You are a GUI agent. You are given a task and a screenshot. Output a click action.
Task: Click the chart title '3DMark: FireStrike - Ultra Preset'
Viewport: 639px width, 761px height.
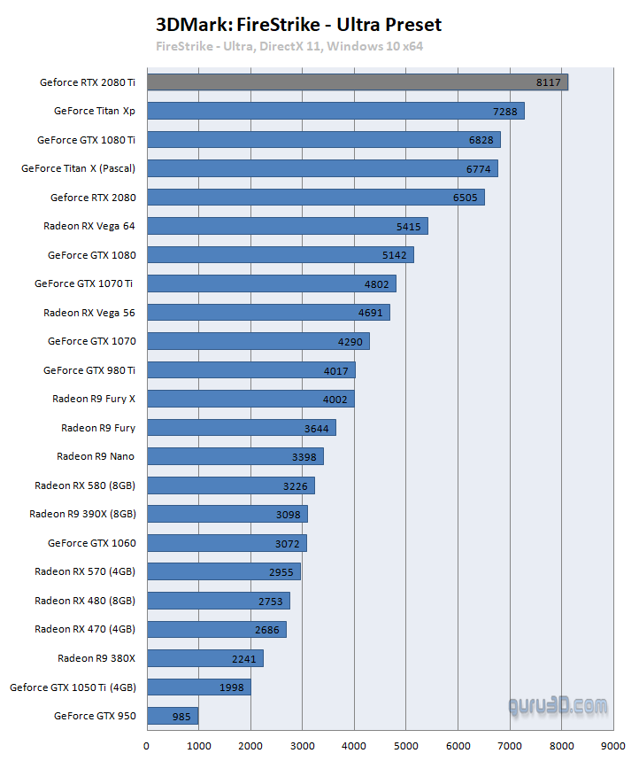coord(298,25)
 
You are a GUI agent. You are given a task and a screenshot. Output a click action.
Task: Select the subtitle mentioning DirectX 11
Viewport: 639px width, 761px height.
coord(289,46)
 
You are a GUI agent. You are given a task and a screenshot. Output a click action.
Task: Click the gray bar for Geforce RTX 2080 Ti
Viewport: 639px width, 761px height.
coord(357,82)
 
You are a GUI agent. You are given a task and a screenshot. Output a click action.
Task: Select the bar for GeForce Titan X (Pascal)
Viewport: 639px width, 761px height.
coord(322,168)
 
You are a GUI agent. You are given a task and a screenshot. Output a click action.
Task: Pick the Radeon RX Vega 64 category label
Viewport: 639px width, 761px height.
coord(89,226)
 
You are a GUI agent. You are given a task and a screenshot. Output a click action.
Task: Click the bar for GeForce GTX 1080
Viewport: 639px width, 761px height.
coord(280,255)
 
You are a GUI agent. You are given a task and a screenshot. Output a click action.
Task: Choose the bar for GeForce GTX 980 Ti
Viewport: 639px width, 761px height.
coord(250,370)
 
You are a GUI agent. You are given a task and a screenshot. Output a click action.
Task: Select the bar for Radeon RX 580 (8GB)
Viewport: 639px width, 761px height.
coord(230,485)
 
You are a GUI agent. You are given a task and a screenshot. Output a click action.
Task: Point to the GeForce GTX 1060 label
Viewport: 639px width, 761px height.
coord(91,542)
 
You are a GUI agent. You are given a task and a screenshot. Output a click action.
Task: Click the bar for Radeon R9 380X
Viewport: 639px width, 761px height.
coord(204,657)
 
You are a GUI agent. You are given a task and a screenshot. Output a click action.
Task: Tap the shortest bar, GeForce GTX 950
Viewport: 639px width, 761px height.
coord(172,715)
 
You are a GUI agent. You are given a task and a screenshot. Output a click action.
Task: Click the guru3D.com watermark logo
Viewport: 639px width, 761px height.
coord(558,706)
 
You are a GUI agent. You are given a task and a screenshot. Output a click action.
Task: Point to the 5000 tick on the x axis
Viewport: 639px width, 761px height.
coord(406,746)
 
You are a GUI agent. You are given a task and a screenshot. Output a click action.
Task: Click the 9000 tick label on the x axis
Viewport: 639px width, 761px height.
coord(613,746)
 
